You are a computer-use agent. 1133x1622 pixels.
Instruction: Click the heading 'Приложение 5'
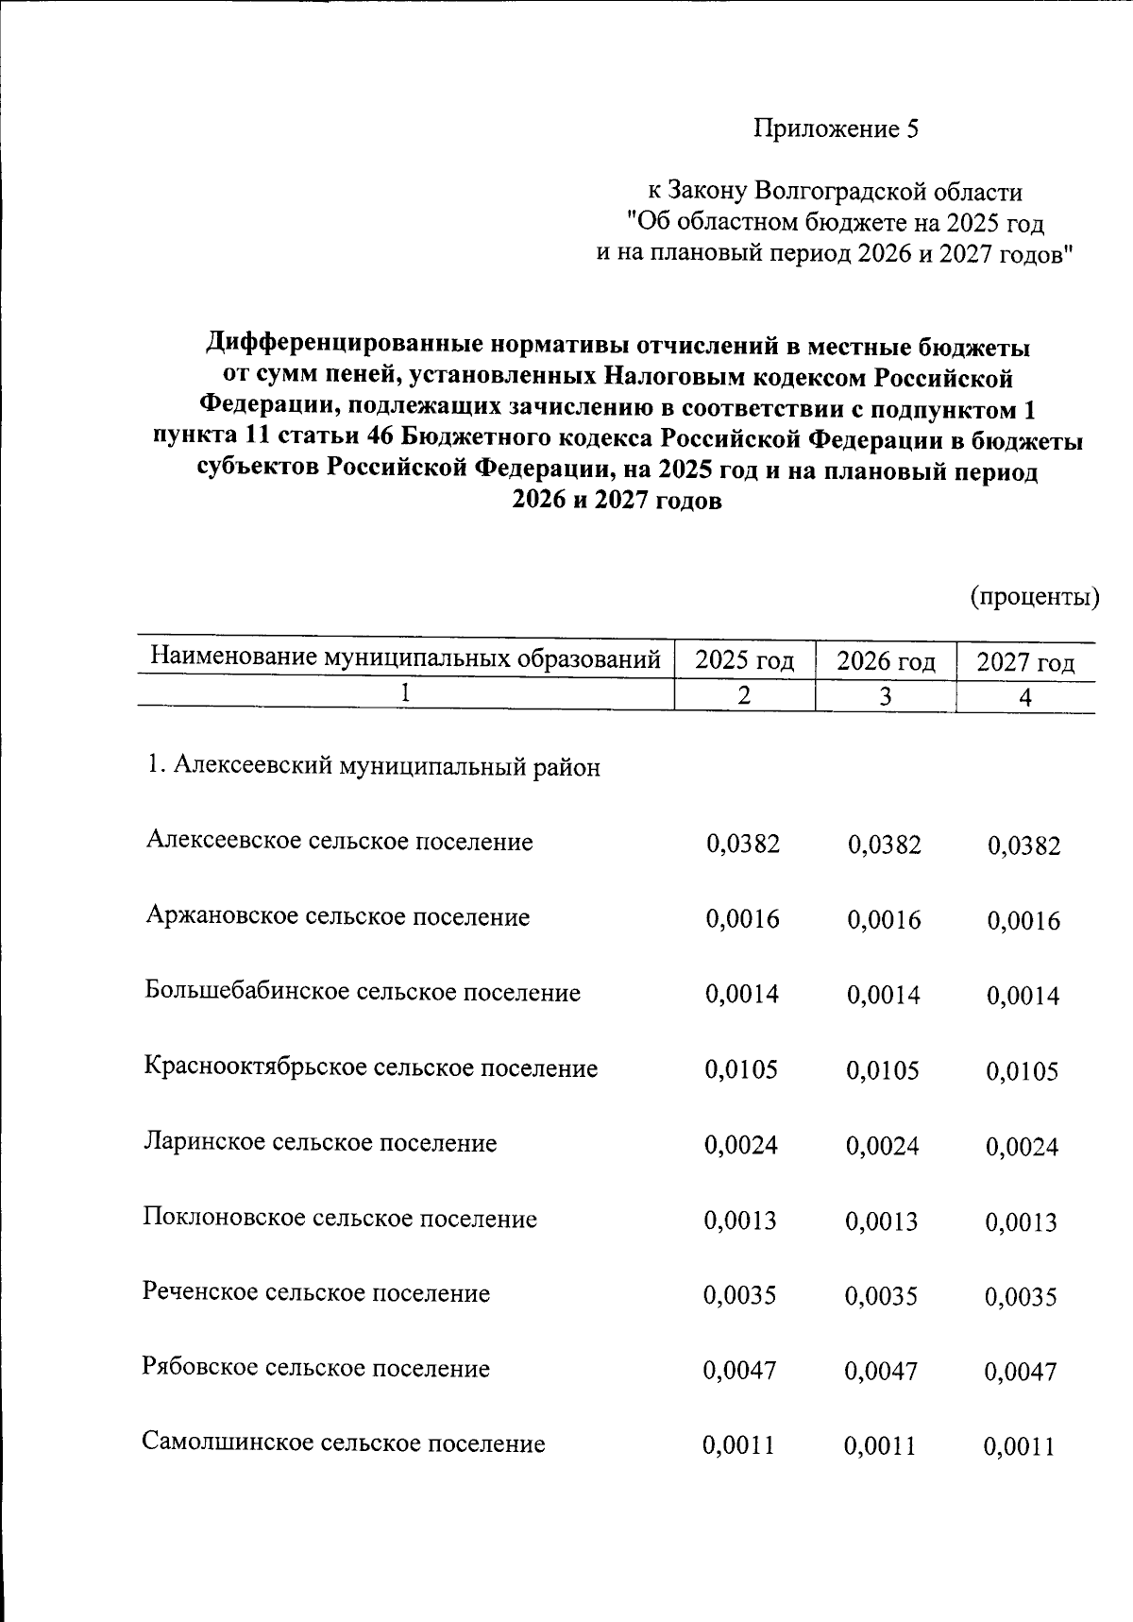(835, 129)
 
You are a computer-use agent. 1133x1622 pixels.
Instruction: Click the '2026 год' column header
(885, 660)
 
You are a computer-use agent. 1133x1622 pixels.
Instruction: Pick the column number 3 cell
(885, 697)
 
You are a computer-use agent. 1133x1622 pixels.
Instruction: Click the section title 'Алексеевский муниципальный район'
(373, 766)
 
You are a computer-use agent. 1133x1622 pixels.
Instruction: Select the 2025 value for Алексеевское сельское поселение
(742, 843)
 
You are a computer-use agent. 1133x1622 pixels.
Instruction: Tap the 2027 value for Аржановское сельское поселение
(1023, 921)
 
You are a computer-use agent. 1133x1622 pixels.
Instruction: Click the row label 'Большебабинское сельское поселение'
(363, 992)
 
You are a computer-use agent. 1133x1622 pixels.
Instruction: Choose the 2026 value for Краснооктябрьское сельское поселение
(883, 1070)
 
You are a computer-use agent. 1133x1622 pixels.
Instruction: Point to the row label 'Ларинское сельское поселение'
(320, 1143)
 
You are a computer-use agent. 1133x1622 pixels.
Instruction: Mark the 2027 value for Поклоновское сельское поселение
(1022, 1222)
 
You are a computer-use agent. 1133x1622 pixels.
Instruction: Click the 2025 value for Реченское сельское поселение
(739, 1295)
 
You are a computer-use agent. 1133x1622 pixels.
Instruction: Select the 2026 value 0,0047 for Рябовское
(881, 1371)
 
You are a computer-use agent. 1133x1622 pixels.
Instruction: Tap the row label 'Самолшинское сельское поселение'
(344, 1443)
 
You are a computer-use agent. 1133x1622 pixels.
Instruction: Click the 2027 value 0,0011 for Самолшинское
(1019, 1446)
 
